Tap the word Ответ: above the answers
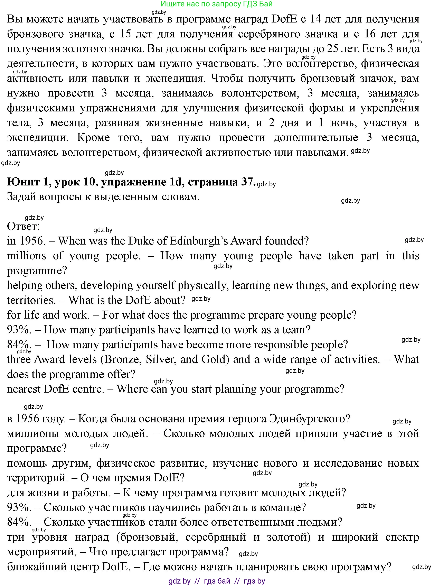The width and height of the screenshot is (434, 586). click(23, 226)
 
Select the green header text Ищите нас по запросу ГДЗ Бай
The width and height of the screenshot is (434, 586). click(216, 4)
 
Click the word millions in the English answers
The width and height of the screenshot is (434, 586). click(26, 256)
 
